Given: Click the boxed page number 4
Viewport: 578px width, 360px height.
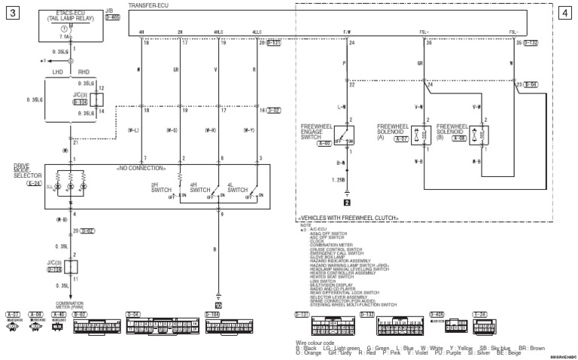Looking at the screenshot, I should pyautogui.click(x=565, y=13).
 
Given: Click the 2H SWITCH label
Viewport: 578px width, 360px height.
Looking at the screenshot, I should pyautogui.click(x=160, y=187).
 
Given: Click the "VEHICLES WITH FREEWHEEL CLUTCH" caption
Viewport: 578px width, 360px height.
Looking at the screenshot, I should pyautogui.click(x=348, y=218).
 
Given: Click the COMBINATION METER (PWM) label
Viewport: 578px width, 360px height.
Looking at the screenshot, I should pyautogui.click(x=69, y=304).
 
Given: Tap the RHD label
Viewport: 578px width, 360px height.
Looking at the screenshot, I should pyautogui.click(x=84, y=72).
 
